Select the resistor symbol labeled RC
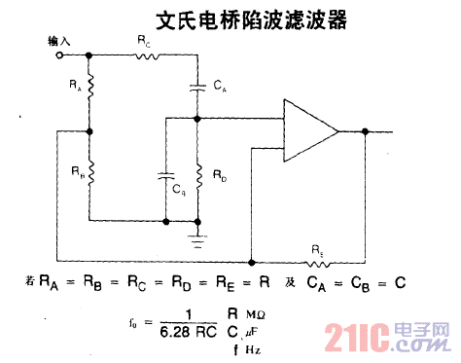tap(145, 55)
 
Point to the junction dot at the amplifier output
tap(365, 131)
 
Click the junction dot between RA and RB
tap(89, 131)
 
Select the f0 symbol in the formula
tap(133, 320)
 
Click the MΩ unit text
tap(256, 314)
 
